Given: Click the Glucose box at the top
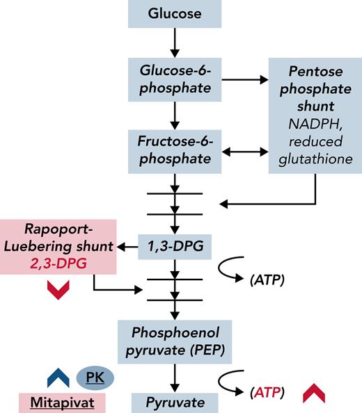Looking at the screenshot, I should [175, 14].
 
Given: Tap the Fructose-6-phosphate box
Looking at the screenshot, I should [175, 149].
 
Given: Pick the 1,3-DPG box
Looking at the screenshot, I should [175, 247].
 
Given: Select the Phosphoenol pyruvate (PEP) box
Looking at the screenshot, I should [175, 339].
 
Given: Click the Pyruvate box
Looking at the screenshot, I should [175, 401].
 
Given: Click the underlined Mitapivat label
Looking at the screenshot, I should [68, 401].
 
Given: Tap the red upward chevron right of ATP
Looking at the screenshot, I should [315, 393].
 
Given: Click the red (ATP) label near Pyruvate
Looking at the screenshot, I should [265, 393].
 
